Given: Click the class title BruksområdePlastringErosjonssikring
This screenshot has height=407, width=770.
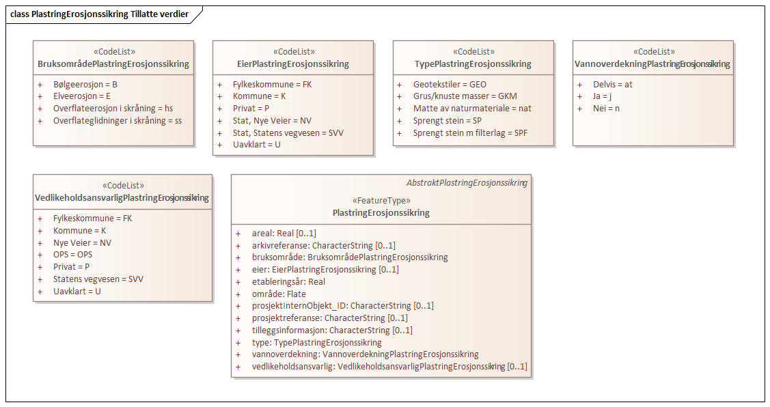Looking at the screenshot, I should tap(113, 64).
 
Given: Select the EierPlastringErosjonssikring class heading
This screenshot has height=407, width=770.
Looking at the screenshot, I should tap(292, 64).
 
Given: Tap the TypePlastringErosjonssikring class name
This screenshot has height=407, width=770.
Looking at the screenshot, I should tap(473, 64).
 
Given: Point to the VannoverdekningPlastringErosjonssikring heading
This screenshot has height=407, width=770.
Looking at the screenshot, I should tap(652, 64).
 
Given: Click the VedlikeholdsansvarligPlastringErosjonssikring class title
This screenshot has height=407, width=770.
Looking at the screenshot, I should tap(122, 198).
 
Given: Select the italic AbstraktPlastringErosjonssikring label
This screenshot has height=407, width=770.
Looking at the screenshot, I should tap(467, 183).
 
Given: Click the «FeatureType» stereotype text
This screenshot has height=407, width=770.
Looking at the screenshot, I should tap(381, 201).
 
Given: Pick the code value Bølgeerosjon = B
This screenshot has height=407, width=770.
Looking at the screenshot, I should tap(85, 84).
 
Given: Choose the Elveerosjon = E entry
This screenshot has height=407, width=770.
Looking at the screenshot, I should tap(82, 96).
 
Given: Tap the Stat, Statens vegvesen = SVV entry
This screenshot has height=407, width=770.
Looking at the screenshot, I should tap(288, 132).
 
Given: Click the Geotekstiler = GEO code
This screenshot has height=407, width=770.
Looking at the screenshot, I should tap(450, 84).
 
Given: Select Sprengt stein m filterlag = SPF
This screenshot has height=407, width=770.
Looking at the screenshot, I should tap(470, 133).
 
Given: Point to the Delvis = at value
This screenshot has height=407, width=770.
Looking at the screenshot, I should tap(612, 84).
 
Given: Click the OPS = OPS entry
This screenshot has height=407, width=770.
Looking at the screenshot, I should tap(72, 255).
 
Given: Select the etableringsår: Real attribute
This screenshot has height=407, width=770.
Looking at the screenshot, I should tap(288, 281).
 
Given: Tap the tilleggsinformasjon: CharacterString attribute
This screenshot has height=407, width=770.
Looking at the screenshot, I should tap(332, 331).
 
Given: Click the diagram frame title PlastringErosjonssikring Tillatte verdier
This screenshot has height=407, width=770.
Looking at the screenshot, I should tap(100, 14).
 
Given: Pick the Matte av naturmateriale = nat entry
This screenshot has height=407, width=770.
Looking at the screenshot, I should tap(472, 109).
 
